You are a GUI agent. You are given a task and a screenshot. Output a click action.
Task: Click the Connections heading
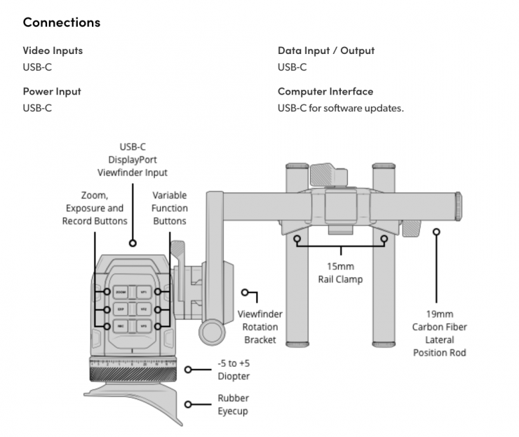pyautogui.click(x=62, y=22)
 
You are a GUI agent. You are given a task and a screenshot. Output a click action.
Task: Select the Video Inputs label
pyautogui.click(x=53, y=51)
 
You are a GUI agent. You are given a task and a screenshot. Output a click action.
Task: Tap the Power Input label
pyautogui.click(x=52, y=91)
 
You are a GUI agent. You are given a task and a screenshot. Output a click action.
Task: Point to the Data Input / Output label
pyautogui.click(x=326, y=51)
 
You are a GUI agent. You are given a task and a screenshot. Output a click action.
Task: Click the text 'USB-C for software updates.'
pyautogui.click(x=341, y=108)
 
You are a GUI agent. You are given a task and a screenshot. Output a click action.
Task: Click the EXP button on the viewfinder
pyautogui.click(x=121, y=309)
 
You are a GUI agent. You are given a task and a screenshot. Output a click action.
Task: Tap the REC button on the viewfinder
pyautogui.click(x=121, y=326)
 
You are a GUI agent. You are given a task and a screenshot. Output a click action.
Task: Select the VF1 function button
pyautogui.click(x=143, y=291)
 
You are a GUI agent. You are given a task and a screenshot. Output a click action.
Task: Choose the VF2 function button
pyautogui.click(x=143, y=309)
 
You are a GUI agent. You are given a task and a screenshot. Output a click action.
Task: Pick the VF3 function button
pyautogui.click(x=143, y=326)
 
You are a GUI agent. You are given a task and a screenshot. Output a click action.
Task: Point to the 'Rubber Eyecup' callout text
pyautogui.click(x=234, y=404)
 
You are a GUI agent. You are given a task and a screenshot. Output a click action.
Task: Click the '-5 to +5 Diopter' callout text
pyautogui.click(x=234, y=370)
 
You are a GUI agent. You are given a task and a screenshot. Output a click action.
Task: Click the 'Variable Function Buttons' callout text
pyautogui.click(x=169, y=209)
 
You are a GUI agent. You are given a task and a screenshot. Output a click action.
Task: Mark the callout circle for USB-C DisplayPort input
pyautogui.click(x=132, y=242)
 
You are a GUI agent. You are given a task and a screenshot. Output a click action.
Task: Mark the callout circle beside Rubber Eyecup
pyautogui.click(x=189, y=405)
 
